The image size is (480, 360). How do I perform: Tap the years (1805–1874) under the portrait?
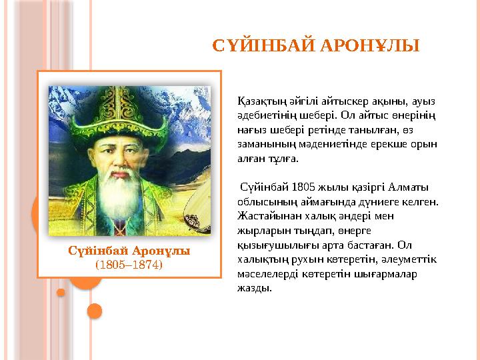tap(129, 264)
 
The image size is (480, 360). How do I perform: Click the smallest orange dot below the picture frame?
tap(61, 292)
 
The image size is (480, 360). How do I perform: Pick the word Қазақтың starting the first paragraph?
tap(261, 101)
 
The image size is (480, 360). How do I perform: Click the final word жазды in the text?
tap(254, 289)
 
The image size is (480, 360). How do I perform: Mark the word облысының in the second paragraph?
tap(263, 201)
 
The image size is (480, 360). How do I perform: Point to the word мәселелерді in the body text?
tap(266, 274)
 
